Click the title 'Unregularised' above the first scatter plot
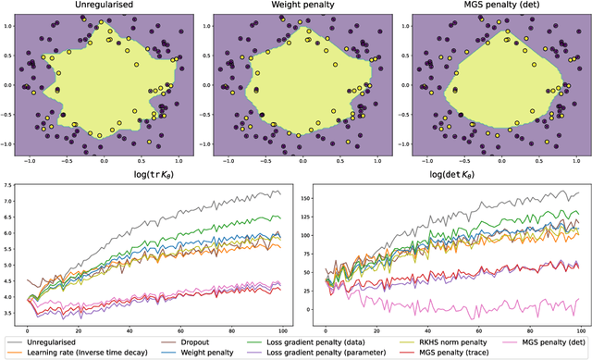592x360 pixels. point(104,6)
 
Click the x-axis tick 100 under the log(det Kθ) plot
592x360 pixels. point(577,331)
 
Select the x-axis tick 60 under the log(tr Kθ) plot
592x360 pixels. point(179,331)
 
